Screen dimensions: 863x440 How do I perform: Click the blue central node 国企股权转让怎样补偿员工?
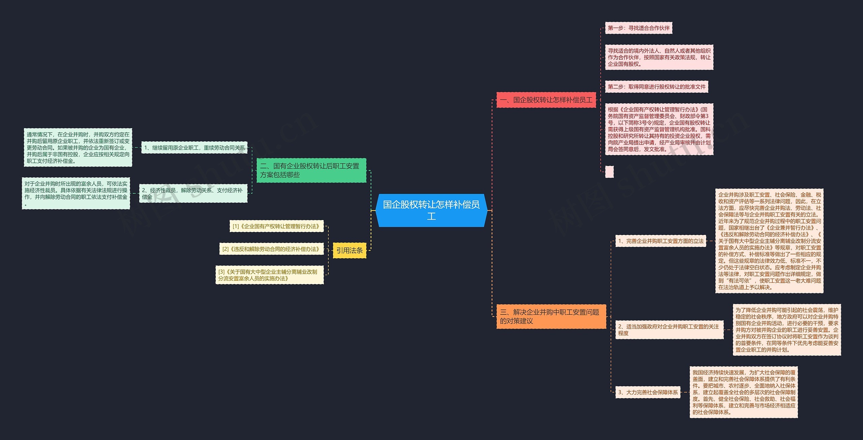click(x=431, y=210)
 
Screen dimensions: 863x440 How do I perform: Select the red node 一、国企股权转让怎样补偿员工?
click(x=546, y=100)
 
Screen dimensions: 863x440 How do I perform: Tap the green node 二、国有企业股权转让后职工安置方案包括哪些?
click(x=311, y=170)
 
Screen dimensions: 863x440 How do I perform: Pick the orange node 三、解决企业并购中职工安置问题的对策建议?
click(x=551, y=317)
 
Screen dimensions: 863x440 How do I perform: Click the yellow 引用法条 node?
click(x=350, y=250)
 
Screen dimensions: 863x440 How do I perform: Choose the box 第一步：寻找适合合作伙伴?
click(x=638, y=28)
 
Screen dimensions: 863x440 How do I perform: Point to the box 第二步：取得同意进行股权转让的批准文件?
click(x=656, y=87)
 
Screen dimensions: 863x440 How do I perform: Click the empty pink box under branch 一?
click(x=609, y=172)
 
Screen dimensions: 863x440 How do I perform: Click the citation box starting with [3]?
click(x=270, y=275)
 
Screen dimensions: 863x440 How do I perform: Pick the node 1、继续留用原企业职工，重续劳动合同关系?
click(x=194, y=148)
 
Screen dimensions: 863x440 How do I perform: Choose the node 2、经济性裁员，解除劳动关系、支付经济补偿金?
click(x=193, y=193)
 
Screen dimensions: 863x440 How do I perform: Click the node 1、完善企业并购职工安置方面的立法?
click(x=661, y=241)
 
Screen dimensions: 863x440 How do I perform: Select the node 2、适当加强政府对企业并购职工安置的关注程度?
click(x=669, y=330)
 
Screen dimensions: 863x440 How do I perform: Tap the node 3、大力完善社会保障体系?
click(x=648, y=392)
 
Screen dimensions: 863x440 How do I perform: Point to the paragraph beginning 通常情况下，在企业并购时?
click(x=78, y=147)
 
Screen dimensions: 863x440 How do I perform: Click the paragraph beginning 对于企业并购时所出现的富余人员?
click(x=76, y=193)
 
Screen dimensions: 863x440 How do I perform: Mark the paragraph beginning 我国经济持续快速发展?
click(x=744, y=392)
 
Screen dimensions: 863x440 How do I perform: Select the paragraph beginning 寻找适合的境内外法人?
click(x=659, y=57)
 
